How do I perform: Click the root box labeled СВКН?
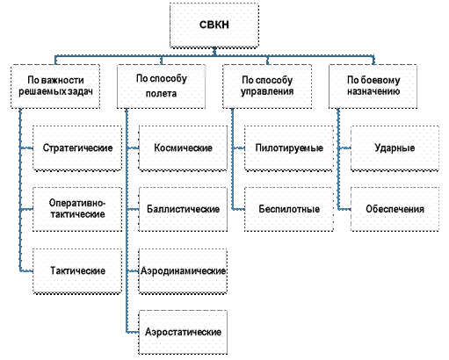[214, 25]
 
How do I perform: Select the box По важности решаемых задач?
[55, 87]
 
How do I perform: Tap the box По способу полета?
[162, 87]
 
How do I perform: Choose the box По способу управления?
[267, 87]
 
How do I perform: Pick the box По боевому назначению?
[373, 87]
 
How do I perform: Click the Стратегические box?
[77, 148]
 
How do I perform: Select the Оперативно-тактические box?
[77, 209]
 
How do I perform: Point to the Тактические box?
[77, 270]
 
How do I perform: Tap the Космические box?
[183, 148]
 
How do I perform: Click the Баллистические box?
[183, 209]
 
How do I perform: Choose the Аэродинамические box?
[183, 270]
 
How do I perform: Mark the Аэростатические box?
[183, 332]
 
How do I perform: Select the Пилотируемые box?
[289, 148]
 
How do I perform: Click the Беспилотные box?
[289, 209]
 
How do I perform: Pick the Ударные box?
[395, 148]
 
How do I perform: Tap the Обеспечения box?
[395, 209]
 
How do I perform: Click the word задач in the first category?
[80, 91]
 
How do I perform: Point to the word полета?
[161, 94]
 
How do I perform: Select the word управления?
[267, 91]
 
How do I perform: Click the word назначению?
[373, 91]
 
